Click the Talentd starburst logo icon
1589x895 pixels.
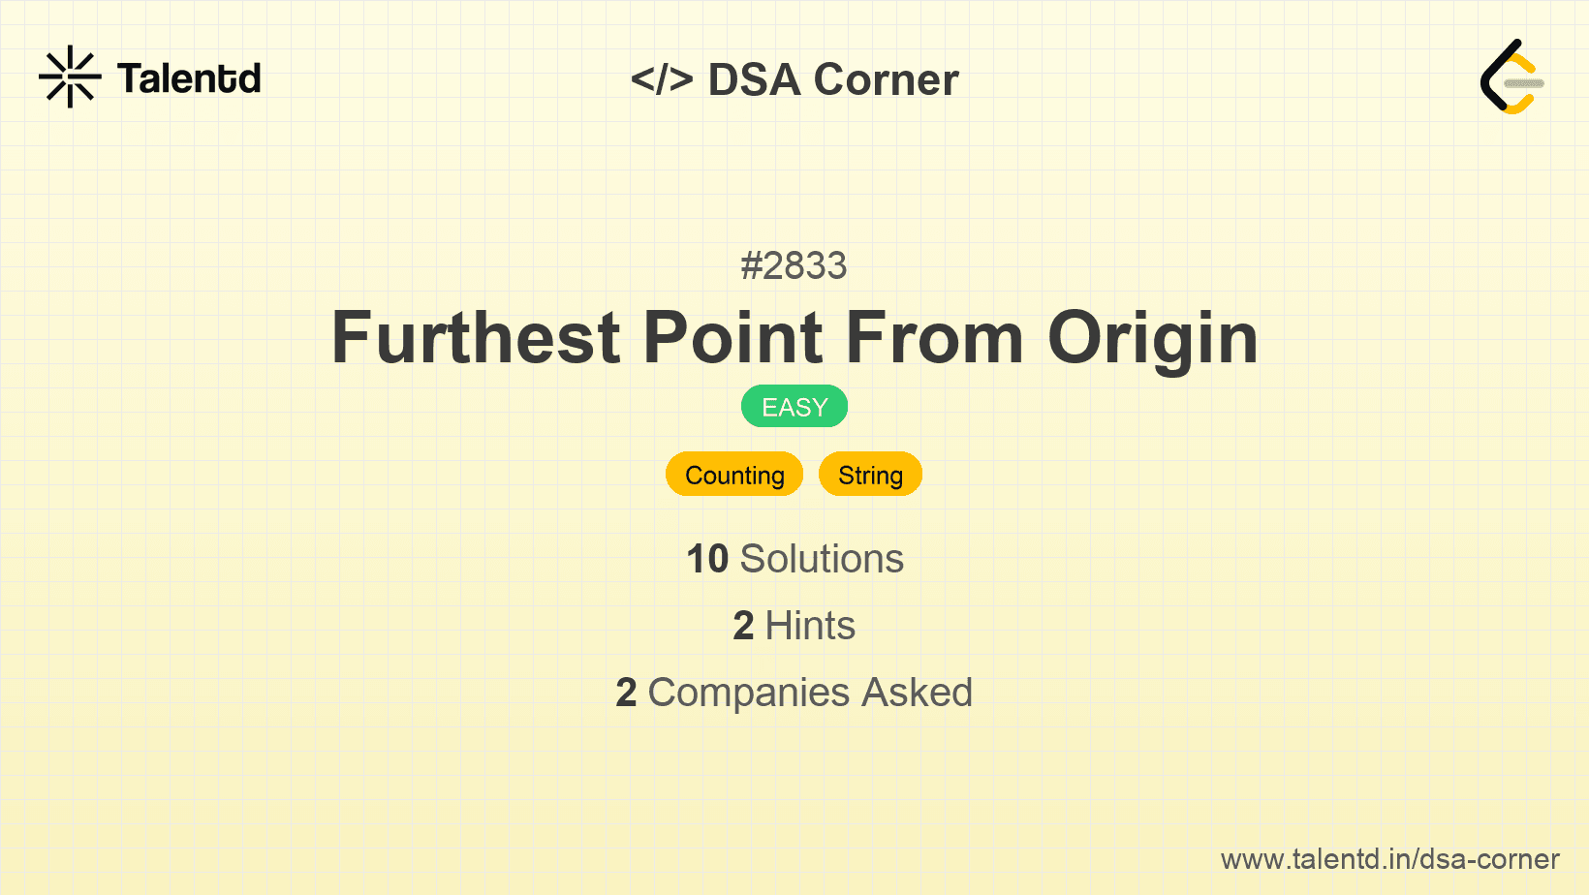click(x=70, y=77)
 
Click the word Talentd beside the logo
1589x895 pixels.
click(x=189, y=78)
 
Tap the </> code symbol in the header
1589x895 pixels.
click(x=662, y=78)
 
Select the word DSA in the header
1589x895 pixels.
click(x=754, y=79)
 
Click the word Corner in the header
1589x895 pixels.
click(x=886, y=79)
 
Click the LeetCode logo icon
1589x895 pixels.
click(x=1511, y=77)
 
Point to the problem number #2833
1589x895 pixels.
click(x=794, y=265)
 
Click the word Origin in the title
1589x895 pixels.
click(x=1152, y=339)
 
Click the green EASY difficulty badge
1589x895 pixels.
click(x=794, y=407)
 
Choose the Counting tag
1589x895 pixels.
click(x=734, y=475)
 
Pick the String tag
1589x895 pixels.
click(x=870, y=475)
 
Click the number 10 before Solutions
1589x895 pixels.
click(x=706, y=559)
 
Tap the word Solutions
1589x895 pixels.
click(x=822, y=559)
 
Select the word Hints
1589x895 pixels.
click(x=810, y=626)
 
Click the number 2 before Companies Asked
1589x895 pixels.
click(x=626, y=693)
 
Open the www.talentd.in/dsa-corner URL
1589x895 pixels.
click(x=1389, y=859)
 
